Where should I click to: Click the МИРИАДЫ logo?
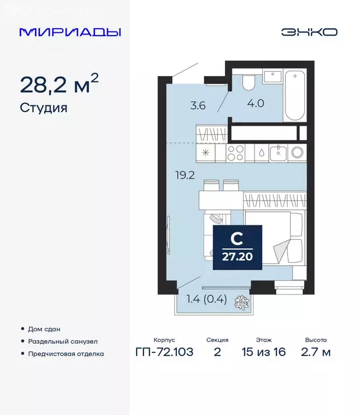pos(70,32)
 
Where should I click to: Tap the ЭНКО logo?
pos(309,32)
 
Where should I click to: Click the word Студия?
pos(43,108)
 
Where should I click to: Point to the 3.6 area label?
pos(198,106)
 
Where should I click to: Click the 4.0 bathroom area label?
pos(256,103)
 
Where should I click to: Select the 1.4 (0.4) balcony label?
pos(206,299)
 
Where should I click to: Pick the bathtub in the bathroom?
pos(295,95)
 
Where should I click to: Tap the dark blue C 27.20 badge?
pos(238,247)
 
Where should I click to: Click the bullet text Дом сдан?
pos(44,329)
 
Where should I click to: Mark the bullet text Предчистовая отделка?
pos(65,354)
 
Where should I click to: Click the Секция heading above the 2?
pos(217,340)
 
